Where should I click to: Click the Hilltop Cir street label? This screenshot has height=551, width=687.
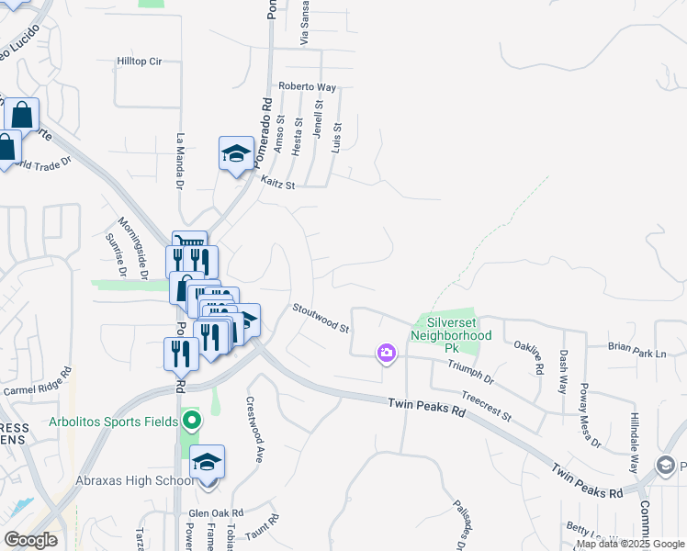(139, 62)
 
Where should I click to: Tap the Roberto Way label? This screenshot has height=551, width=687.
(308, 88)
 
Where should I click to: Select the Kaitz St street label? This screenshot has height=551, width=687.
(276, 184)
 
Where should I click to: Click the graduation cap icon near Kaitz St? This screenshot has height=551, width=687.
(236, 153)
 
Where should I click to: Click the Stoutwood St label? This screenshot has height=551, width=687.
(321, 319)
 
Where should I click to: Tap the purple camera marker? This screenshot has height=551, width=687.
(386, 352)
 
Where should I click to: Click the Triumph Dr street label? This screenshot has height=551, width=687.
(470, 373)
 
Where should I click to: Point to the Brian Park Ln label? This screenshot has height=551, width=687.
(636, 349)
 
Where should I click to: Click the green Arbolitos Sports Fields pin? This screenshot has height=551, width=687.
(191, 422)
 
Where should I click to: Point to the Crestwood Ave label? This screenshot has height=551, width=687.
(254, 429)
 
